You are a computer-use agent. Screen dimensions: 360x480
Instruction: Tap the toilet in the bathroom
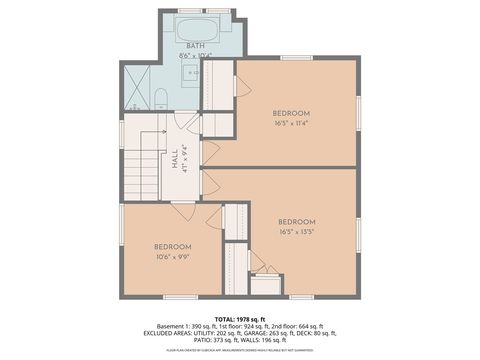pyautogui.click(x=160, y=98)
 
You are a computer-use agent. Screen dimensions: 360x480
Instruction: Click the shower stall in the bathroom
pyautogui.click(x=135, y=87)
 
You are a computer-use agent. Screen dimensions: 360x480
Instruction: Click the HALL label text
pyautogui.click(x=174, y=158)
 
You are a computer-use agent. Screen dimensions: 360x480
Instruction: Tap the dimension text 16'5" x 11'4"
pyautogui.click(x=291, y=124)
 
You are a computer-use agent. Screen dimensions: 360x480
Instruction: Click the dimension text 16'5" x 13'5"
pyautogui.click(x=297, y=231)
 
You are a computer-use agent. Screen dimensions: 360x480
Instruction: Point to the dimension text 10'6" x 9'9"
pyautogui.click(x=171, y=256)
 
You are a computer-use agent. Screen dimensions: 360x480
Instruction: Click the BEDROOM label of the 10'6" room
pyautogui.click(x=172, y=246)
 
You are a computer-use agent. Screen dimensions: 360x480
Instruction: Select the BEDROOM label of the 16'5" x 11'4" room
pyautogui.click(x=291, y=113)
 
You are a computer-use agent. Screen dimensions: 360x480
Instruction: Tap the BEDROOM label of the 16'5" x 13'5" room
pyautogui.click(x=297, y=221)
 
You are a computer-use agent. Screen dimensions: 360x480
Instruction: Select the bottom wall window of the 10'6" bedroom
pyautogui.click(x=179, y=297)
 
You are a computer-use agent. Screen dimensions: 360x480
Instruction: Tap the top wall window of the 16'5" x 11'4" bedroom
pyautogui.click(x=296, y=58)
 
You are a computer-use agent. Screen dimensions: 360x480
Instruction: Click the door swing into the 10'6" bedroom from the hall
pyautogui.click(x=184, y=210)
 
